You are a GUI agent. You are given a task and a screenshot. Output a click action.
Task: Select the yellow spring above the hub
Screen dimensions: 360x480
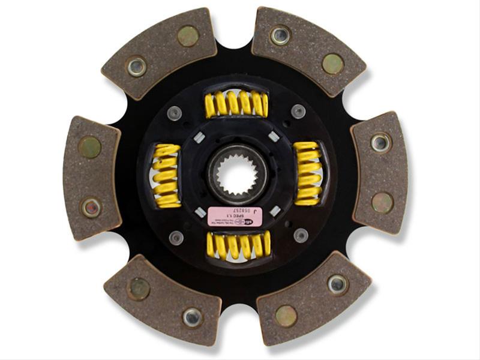(236, 103)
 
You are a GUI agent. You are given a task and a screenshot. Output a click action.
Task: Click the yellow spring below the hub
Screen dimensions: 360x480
(238, 245)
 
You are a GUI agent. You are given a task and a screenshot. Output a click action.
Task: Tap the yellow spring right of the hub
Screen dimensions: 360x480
(308, 173)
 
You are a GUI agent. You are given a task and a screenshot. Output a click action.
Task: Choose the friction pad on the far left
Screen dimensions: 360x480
(91, 176)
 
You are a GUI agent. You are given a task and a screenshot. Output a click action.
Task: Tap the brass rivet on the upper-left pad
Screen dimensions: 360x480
(188, 36)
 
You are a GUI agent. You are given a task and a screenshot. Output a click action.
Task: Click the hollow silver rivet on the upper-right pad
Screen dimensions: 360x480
(280, 35)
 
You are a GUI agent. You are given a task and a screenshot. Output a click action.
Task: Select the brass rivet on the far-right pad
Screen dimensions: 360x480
(382, 203)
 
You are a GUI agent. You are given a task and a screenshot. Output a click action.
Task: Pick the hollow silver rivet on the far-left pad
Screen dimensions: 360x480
(91, 208)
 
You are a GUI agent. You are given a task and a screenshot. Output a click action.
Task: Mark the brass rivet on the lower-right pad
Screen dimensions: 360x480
(286, 315)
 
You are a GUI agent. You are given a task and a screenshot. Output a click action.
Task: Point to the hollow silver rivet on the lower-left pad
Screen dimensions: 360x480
(193, 316)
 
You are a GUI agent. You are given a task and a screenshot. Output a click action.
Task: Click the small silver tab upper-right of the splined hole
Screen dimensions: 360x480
(273, 137)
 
